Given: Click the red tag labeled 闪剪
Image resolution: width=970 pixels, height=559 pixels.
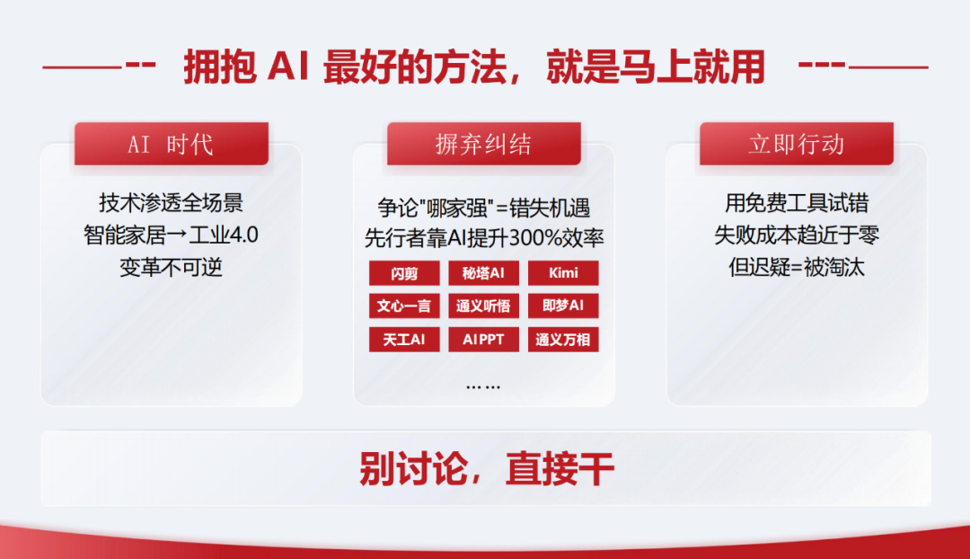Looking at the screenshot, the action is click(404, 273).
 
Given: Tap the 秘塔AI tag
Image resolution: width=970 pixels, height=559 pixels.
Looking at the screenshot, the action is click(483, 273).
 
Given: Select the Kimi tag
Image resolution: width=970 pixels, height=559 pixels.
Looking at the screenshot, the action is click(563, 273).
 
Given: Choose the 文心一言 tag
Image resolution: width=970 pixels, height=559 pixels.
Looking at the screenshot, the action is click(404, 306).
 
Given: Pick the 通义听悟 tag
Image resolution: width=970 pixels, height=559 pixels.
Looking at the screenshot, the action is click(483, 306).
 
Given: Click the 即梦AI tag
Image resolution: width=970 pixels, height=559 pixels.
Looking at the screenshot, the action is click(563, 306).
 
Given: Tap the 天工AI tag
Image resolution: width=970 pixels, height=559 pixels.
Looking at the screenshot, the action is click(404, 339).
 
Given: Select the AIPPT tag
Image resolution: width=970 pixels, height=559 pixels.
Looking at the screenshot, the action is click(483, 339).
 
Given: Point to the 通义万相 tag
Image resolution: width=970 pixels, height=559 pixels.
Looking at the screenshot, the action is click(563, 339).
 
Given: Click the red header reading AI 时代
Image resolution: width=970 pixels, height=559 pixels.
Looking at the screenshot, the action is click(172, 144).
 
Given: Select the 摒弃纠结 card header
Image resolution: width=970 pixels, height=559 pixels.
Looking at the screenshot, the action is click(484, 144).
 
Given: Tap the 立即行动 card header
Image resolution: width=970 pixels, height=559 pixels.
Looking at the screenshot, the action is click(797, 144).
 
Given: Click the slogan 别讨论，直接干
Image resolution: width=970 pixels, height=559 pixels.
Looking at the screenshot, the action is click(486, 468).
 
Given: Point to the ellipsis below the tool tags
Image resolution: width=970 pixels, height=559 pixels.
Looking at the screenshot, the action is click(483, 387).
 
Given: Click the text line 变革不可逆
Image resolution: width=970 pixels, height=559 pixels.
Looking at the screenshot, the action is click(171, 268).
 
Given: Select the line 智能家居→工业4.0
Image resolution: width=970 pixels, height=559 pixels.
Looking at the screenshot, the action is click(171, 235).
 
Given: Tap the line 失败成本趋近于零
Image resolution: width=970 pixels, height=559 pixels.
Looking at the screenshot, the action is click(797, 235).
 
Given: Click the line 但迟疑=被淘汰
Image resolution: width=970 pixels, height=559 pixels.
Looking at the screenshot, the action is click(797, 268).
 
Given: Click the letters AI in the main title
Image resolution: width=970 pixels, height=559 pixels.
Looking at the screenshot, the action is click(288, 67).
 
